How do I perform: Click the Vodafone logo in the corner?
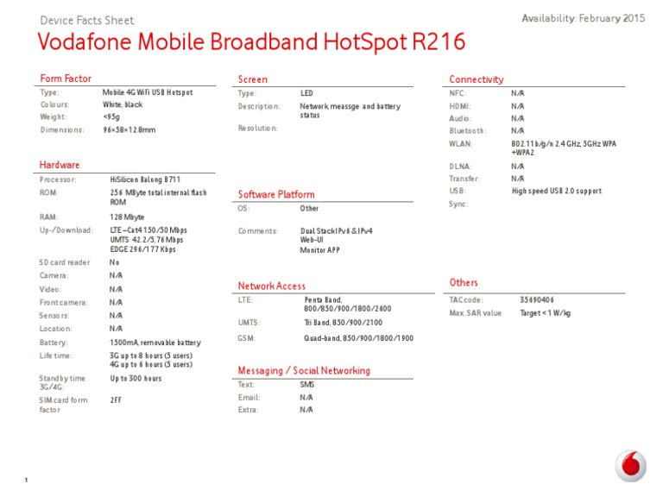(630, 468)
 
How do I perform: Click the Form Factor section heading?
(66, 79)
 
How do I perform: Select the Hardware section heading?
(60, 165)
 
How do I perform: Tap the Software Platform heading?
(276, 195)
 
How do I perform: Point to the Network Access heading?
(272, 286)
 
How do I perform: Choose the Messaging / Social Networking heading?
(304, 371)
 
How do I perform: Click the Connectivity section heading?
(477, 79)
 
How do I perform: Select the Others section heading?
(464, 283)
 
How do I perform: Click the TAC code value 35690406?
(536, 299)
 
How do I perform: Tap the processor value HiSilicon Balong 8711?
(145, 179)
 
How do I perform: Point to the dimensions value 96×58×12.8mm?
(129, 129)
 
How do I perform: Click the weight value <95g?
(112, 117)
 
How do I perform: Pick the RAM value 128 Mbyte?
(128, 217)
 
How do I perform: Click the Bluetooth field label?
(468, 130)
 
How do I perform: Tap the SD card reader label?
(65, 262)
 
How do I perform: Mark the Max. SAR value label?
(476, 313)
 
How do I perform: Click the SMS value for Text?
(306, 385)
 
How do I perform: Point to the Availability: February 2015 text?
(584, 18)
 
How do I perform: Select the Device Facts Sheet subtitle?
(87, 21)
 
